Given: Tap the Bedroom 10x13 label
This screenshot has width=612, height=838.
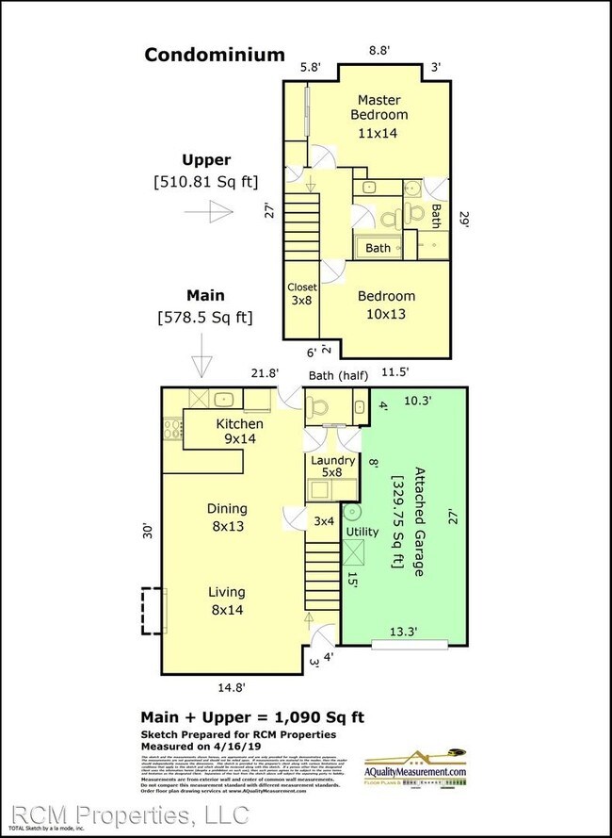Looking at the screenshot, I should coord(386,304).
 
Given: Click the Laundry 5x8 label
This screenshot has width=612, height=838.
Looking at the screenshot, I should coord(332,468).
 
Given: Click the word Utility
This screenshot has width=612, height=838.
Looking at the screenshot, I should coord(362,532).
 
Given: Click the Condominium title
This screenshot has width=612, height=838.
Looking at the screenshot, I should coord(214,55).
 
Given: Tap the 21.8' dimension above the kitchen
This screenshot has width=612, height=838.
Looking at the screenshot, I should coord(264,374).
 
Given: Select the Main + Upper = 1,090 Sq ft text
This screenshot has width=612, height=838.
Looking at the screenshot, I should coord(252,716).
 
